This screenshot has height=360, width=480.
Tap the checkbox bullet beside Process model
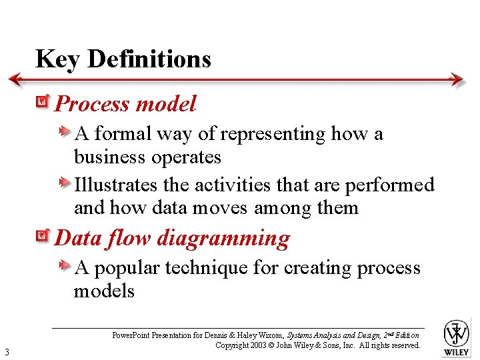(x=43, y=102)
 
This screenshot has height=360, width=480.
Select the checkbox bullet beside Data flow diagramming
(x=43, y=236)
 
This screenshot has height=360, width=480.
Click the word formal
(x=123, y=134)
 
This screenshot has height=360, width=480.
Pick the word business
(x=110, y=157)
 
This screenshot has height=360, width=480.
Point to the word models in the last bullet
(x=104, y=291)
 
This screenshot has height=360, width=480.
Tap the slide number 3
(x=6, y=352)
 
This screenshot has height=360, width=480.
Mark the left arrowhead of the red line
(x=15, y=79)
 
